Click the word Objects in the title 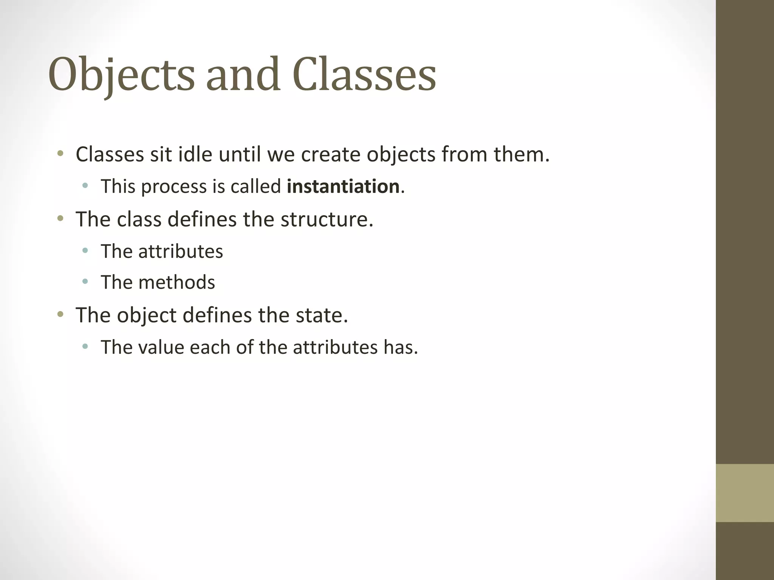[x=121, y=74]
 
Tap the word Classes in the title [x=364, y=74]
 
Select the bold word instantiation [x=343, y=187]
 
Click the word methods [x=176, y=282]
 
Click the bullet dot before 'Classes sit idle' [x=60, y=153]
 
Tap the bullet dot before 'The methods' [x=85, y=281]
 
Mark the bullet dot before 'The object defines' [x=60, y=314]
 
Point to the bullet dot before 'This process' [x=85, y=185]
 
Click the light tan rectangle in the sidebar [x=745, y=493]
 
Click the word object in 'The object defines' [x=146, y=316]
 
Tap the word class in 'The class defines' [x=139, y=219]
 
